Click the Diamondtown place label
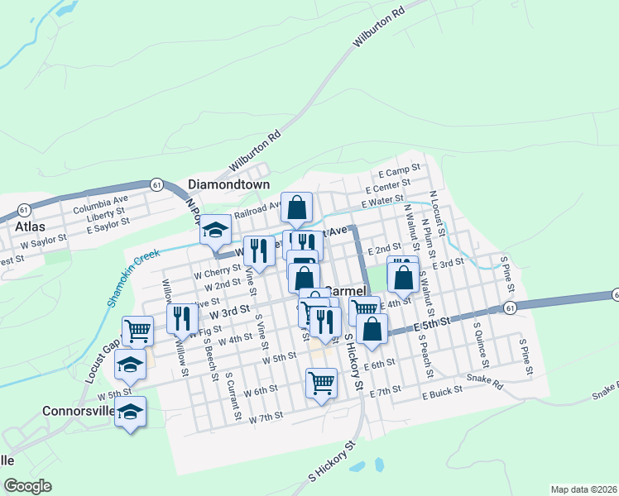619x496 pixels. pyautogui.click(x=229, y=184)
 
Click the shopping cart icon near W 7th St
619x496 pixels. pyautogui.click(x=320, y=381)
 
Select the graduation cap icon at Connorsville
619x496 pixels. pyautogui.click(x=131, y=410)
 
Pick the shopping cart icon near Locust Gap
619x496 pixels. pyautogui.click(x=137, y=331)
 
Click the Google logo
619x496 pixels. pyautogui.click(x=27, y=485)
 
